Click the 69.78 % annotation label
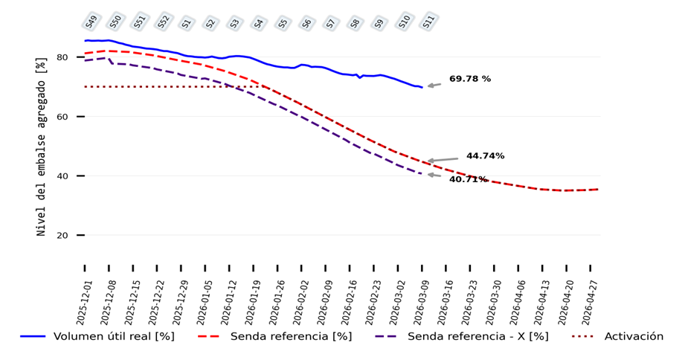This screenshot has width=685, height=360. coord(469,79)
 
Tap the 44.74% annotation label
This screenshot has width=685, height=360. coord(485,156)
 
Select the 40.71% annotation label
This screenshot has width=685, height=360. coord(468,179)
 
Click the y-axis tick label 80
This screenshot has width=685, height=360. coord(62,57)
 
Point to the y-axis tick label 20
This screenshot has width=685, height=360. coord(62,236)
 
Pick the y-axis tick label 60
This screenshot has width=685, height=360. coord(62,117)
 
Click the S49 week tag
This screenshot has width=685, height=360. coord(91,22)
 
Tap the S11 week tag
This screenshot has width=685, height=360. coord(428,22)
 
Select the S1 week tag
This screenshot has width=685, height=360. coord(187,23)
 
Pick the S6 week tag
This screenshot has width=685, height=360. coord(308,23)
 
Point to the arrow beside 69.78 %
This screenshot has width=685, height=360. coord(434,86)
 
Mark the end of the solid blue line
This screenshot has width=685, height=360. coord(422,88)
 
